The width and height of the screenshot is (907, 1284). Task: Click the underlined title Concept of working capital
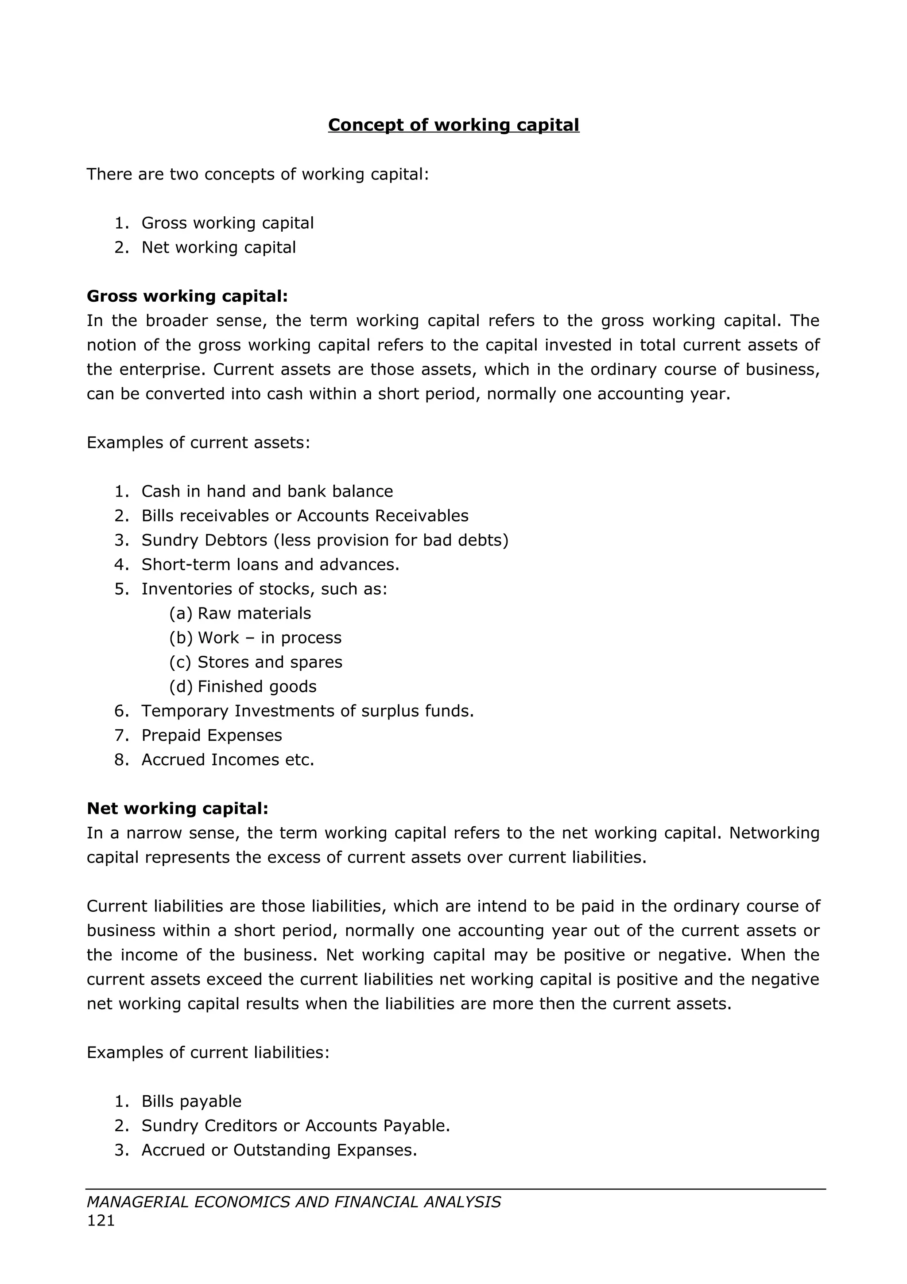453,125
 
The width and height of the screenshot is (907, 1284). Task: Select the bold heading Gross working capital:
187,296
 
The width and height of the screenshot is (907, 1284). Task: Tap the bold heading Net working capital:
178,809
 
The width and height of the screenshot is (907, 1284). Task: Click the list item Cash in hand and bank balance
267,491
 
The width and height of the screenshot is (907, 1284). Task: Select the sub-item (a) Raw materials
240,614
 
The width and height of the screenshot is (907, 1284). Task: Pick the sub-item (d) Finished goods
243,687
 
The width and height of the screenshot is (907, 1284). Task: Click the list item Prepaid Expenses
211,735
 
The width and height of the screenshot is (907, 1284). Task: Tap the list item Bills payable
191,1101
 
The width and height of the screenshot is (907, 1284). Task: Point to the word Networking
774,833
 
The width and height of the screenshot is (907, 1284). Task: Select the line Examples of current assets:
198,443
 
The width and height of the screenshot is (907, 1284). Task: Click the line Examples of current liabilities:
208,1052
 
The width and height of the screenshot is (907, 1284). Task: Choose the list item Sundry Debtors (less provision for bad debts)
325,540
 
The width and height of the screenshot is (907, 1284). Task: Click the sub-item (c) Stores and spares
256,662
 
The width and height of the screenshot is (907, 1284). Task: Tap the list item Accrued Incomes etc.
228,760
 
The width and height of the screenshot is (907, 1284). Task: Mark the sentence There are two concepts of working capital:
258,175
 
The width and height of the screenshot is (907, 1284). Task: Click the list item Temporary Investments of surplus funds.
307,712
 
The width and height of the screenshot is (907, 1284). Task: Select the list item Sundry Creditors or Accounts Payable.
296,1126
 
